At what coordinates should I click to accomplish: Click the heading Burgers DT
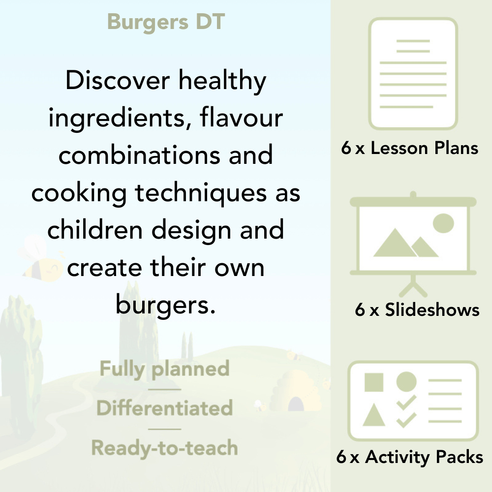[x=166, y=22]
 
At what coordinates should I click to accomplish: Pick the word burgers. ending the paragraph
[x=166, y=305]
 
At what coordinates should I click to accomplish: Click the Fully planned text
[x=164, y=369]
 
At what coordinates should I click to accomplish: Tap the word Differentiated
[x=164, y=408]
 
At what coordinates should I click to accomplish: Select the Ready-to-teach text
[x=164, y=448]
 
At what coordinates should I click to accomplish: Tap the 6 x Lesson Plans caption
[x=410, y=148]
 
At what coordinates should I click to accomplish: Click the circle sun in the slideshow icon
[x=443, y=222]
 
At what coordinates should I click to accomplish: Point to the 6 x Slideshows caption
[x=417, y=310]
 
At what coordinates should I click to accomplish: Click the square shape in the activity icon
[x=374, y=382]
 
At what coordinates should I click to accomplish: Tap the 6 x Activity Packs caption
[x=409, y=458]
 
